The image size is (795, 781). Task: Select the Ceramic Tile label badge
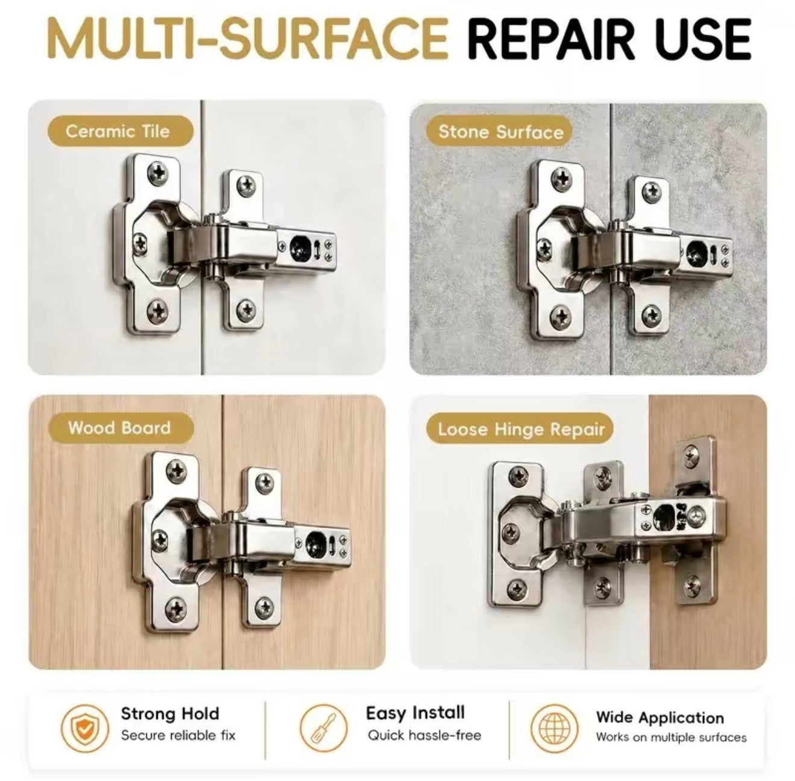pos(120,131)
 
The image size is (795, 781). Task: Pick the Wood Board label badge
pos(120,428)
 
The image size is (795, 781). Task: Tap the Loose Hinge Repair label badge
pos(520,429)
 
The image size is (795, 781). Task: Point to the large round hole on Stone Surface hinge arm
pos(697,251)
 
